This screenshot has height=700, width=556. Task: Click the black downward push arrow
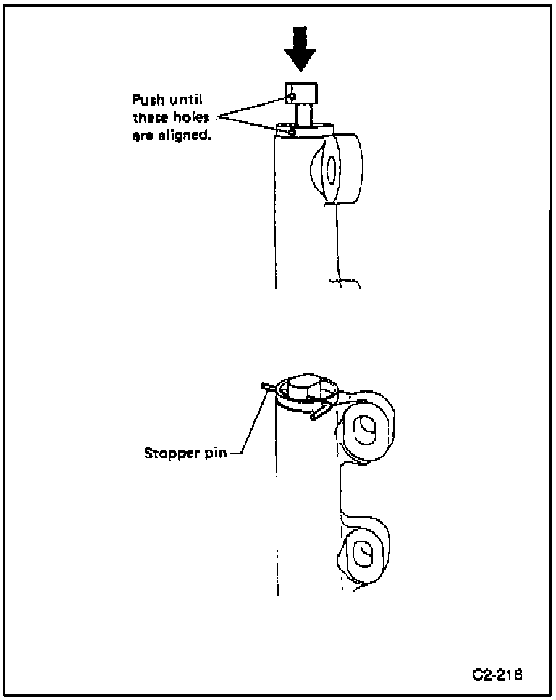(x=300, y=50)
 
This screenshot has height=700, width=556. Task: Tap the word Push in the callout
(x=146, y=100)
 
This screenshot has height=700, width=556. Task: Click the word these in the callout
(x=151, y=118)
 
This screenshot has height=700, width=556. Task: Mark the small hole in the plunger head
(x=290, y=95)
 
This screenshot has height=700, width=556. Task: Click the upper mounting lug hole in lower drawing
(x=363, y=432)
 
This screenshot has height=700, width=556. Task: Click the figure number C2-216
(x=497, y=675)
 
